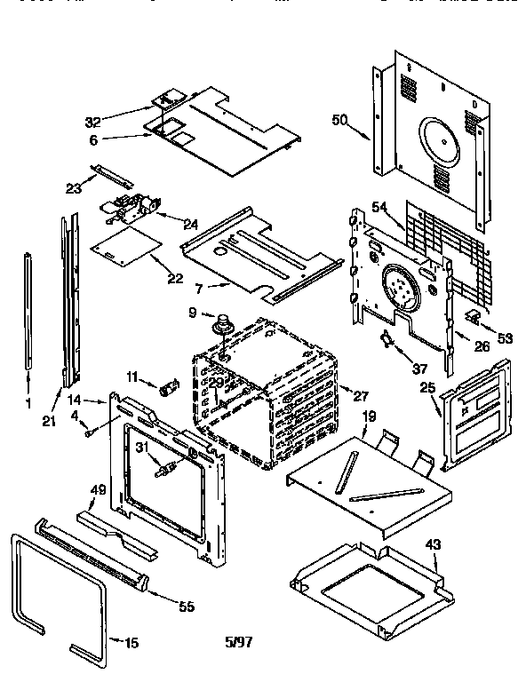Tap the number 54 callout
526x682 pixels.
379,207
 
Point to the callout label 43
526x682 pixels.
433,543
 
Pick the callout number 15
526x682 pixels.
131,643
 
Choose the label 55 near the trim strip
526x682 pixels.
186,607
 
